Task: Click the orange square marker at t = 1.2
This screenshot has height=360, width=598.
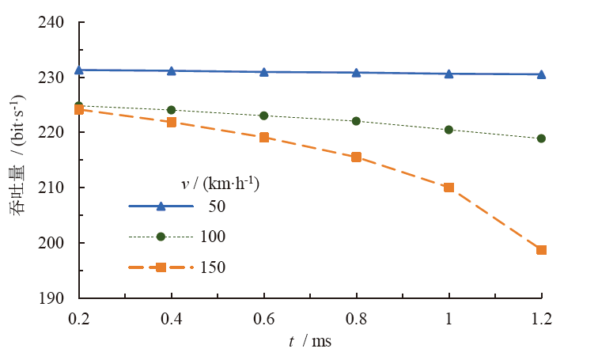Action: coord(542,250)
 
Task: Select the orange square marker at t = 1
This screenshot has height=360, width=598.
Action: coord(449,188)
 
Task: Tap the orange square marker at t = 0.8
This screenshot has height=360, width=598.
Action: coord(356,157)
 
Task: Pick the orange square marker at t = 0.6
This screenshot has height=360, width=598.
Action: coord(263,137)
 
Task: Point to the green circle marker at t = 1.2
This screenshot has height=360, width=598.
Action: coord(542,138)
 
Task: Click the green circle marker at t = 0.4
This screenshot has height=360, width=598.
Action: coord(171,110)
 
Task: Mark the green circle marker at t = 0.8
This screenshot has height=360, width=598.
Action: coord(356,121)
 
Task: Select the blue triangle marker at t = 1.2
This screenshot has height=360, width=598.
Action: coord(542,74)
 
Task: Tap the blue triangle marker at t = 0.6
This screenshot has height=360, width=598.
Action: coord(263,71)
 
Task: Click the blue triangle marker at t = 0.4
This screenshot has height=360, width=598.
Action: coord(171,70)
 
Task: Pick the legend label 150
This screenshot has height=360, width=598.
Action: coord(213,267)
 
